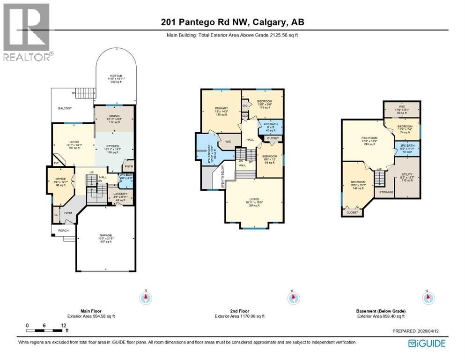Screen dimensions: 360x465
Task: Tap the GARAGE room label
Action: [105, 236]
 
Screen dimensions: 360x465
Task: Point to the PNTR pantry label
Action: [127, 166]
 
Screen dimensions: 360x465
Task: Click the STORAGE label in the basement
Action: [386, 192]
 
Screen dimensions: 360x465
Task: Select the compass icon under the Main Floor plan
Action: [147, 298]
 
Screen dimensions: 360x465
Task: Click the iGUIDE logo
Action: [427, 343]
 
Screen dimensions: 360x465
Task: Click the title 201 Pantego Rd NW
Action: [232, 22]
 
